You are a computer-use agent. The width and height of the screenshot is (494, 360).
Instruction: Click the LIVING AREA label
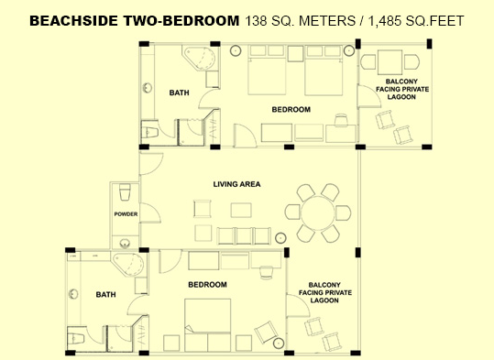(x=236, y=184)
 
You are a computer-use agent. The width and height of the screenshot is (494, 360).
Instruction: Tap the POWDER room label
(x=126, y=214)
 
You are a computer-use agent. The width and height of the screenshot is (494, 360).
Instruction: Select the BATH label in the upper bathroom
(x=180, y=93)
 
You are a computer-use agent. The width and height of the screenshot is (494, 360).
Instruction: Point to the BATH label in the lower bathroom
(x=106, y=294)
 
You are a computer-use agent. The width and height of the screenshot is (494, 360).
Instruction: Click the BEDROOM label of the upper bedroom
(x=291, y=110)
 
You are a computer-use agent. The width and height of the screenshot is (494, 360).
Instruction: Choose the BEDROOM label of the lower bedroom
(x=207, y=285)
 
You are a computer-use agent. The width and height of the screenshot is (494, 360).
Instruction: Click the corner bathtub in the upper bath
(x=200, y=59)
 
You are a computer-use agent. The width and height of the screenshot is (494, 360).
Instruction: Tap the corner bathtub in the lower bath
(x=128, y=265)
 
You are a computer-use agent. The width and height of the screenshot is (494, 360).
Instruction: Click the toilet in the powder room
(x=125, y=191)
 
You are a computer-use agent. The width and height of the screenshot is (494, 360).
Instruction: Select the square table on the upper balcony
(x=390, y=61)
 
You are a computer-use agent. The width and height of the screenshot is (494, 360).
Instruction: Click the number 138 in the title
(x=256, y=21)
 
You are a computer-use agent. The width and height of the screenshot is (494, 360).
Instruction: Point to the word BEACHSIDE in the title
(x=73, y=21)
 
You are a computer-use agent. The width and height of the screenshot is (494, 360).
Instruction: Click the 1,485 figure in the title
(x=384, y=21)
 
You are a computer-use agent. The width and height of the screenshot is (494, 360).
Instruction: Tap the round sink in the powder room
(x=125, y=243)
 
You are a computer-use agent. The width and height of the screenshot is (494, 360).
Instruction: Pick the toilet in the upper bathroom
(x=149, y=133)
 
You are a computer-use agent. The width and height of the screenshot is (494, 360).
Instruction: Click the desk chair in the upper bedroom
(x=342, y=120)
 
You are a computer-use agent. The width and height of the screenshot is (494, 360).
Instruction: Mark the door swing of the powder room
(x=150, y=213)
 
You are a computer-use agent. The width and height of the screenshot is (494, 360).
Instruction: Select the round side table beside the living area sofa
(x=280, y=238)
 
